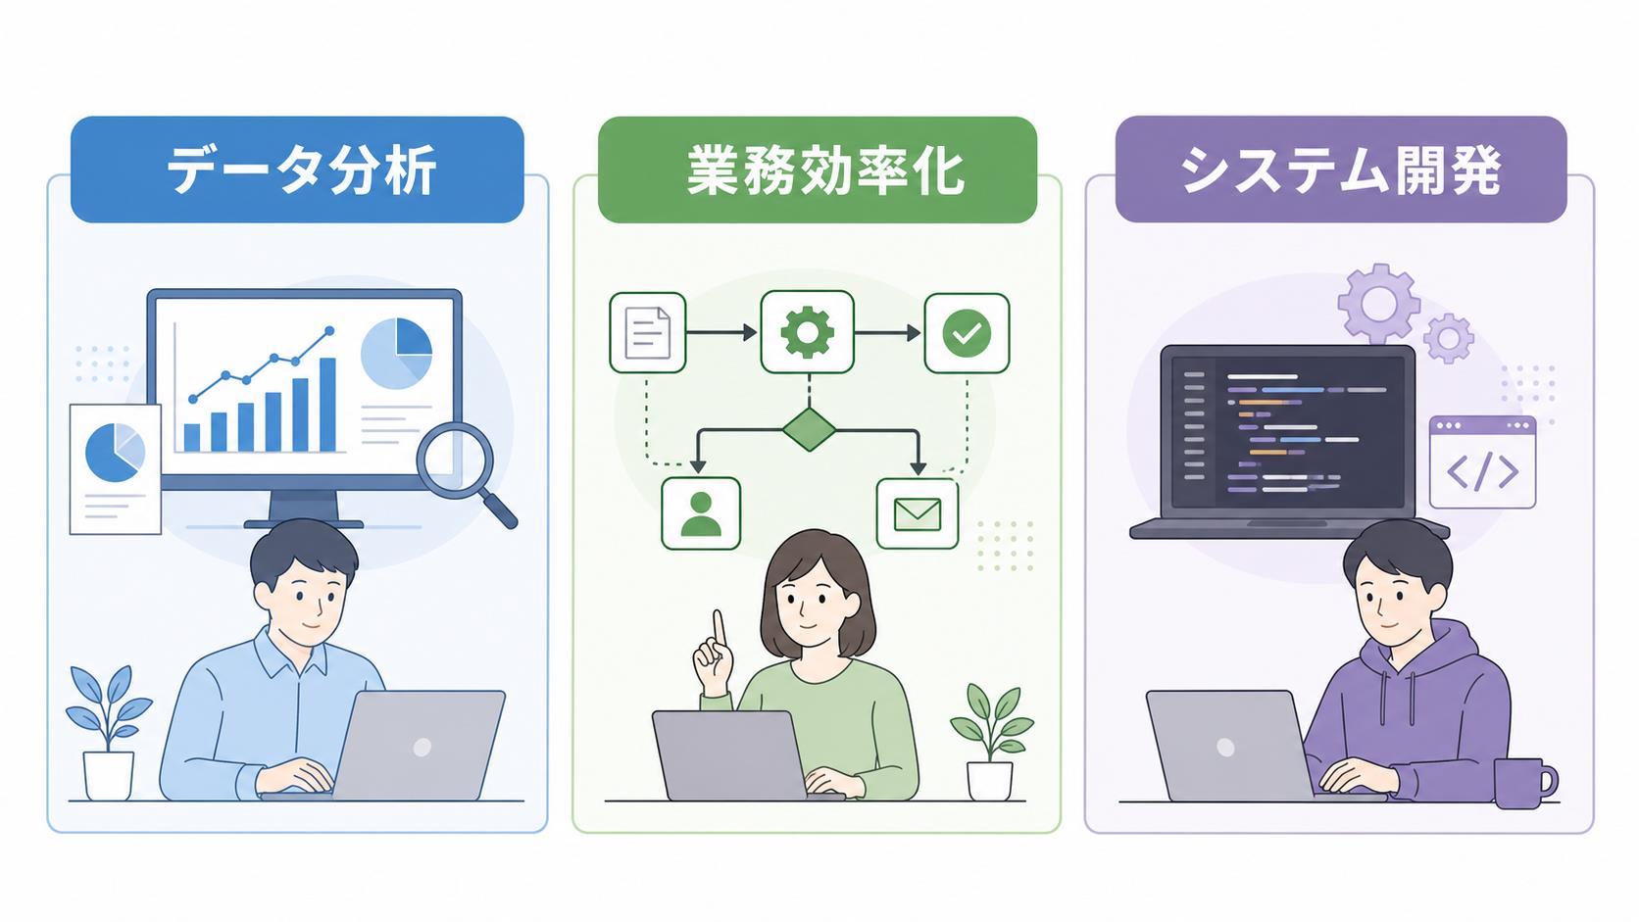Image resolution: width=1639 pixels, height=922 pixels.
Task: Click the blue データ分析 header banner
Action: pyautogui.click(x=297, y=169)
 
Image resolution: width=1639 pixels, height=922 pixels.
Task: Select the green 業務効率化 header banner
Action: pyautogui.click(x=818, y=169)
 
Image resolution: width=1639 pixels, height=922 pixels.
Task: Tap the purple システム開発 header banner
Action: pyautogui.click(x=1340, y=169)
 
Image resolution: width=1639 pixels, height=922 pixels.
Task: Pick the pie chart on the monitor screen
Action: pyautogui.click(x=397, y=353)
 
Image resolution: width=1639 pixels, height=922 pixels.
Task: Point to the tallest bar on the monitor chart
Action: pyautogui.click(x=327, y=405)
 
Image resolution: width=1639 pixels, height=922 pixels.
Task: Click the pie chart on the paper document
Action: pyautogui.click(x=115, y=453)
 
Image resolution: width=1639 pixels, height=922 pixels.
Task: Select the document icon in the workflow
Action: pyautogui.click(x=648, y=333)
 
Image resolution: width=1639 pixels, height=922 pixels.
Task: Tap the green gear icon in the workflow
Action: pyautogui.click(x=807, y=333)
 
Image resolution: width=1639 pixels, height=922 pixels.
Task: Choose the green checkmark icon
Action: pyautogui.click(x=967, y=333)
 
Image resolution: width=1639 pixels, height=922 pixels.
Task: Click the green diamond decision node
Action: pyautogui.click(x=809, y=429)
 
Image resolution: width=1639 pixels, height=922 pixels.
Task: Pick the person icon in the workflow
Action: pyautogui.click(x=701, y=513)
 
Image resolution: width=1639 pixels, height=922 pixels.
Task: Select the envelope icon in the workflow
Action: pyautogui.click(x=918, y=513)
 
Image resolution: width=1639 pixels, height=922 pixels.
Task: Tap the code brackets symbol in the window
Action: pyautogui.click(x=1482, y=471)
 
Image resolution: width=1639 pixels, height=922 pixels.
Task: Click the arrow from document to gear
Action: pyautogui.click(x=721, y=333)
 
